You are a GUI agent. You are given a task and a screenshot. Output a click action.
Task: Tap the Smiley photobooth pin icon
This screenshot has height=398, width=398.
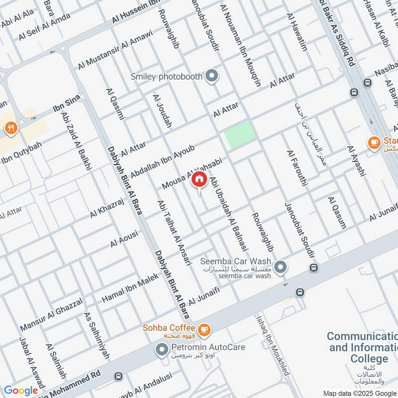[212, 77]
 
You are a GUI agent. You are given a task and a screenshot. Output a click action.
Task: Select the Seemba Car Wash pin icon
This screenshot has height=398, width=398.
[281, 268]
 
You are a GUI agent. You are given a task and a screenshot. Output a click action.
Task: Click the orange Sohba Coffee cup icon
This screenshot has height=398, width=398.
[203, 329]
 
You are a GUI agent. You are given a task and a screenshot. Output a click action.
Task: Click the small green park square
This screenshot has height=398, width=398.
[240, 134]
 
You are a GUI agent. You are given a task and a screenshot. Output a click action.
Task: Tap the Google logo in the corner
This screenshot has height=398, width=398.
[21, 391]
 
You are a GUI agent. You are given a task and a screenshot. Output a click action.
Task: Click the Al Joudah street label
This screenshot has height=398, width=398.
[162, 110]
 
